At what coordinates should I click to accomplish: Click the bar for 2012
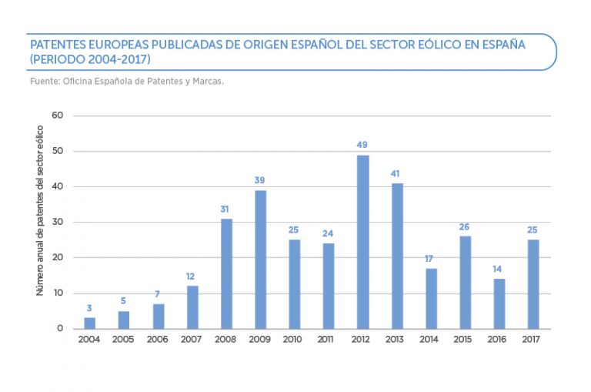362,242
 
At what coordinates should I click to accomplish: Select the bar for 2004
90,323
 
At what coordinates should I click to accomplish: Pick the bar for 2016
499,303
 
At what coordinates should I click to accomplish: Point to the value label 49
362,145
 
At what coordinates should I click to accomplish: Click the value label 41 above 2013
396,173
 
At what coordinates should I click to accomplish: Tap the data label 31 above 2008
226,209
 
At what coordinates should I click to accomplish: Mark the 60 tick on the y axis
56,116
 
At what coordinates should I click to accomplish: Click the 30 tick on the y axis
56,223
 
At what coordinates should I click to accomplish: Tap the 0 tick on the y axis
59,329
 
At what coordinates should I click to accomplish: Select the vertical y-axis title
39,222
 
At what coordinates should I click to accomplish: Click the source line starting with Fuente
125,79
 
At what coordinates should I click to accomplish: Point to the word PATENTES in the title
57,45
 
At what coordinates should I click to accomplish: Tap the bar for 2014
430,298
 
